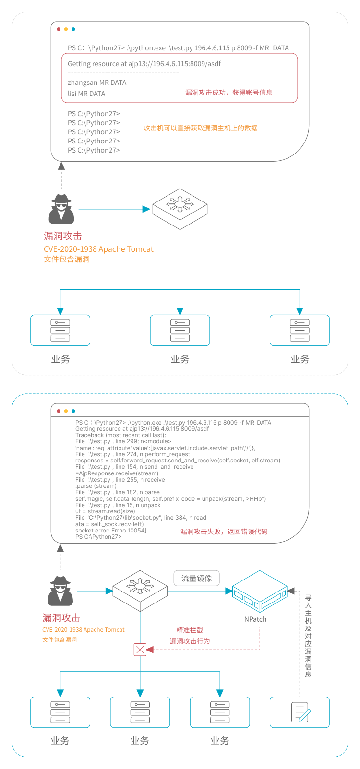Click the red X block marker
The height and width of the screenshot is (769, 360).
140,650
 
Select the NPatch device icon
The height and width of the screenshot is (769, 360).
259,592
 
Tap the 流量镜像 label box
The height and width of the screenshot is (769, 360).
196,578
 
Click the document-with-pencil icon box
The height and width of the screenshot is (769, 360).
300,712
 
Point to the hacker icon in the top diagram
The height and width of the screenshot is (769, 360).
61,209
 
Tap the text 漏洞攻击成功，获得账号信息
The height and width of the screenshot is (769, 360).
229,93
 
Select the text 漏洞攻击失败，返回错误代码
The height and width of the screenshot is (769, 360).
224,532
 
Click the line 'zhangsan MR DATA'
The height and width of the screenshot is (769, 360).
97,83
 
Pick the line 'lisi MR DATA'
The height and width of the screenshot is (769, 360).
86,94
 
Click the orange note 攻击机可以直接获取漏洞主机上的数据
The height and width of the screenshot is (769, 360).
201,128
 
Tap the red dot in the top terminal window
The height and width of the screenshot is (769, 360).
59,29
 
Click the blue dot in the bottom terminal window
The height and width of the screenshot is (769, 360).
73,411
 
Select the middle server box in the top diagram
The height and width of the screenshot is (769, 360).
180,330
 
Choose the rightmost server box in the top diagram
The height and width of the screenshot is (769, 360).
300,330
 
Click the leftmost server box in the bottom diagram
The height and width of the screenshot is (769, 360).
60,712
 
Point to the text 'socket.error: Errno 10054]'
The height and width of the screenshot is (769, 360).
111,531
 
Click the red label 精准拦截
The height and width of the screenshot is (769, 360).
190,630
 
